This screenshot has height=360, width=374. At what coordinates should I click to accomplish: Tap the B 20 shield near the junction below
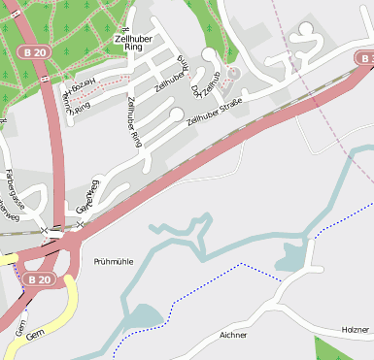[x=39, y=279]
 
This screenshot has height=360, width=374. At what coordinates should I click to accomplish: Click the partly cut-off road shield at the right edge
[x=366, y=59]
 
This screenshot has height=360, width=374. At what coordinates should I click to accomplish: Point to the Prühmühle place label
[x=114, y=262]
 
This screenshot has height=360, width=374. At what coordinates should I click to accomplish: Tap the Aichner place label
[x=233, y=335]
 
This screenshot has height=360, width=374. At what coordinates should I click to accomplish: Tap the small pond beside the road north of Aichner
[x=292, y=257]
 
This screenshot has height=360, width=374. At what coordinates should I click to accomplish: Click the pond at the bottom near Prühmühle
[x=142, y=316]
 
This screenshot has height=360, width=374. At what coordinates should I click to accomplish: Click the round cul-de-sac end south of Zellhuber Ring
[x=175, y=115]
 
